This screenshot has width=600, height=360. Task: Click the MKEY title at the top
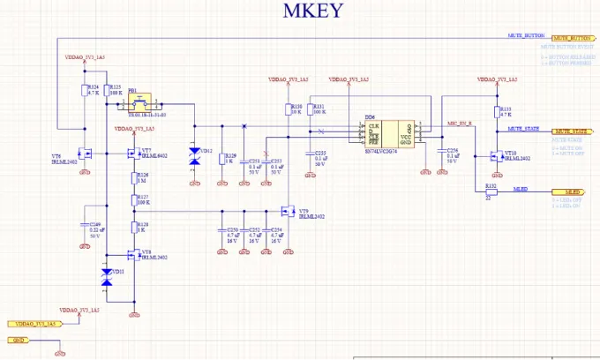pyautogui.click(x=312, y=11)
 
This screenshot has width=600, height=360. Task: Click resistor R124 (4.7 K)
pyautogui.click(x=85, y=90)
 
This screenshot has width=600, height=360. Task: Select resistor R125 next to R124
pyautogui.click(x=106, y=90)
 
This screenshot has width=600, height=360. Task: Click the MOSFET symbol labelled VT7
pyautogui.click(x=132, y=154)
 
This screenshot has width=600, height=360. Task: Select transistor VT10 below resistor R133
pyautogui.click(x=496, y=157)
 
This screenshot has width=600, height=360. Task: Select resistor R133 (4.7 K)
pyautogui.click(x=499, y=113)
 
